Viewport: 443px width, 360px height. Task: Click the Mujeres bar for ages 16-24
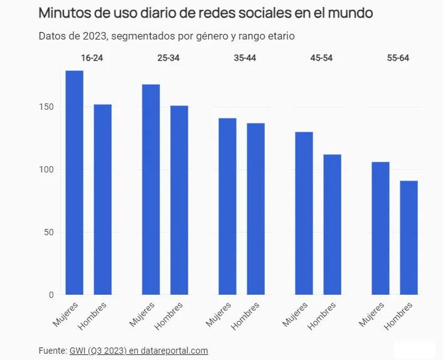coord(75,183)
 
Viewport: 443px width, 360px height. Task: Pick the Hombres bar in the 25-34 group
coord(179,200)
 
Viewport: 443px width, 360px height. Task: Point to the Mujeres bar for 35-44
coord(228,206)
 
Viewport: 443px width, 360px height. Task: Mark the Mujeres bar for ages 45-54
coord(304,213)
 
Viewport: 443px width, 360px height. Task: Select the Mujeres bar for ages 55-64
coord(381,228)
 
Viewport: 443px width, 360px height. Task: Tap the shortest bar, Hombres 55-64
coord(409,238)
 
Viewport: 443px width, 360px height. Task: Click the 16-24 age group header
coord(92,58)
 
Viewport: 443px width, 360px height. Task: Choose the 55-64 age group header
coord(398,58)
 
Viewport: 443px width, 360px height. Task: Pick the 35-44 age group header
coord(245,58)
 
